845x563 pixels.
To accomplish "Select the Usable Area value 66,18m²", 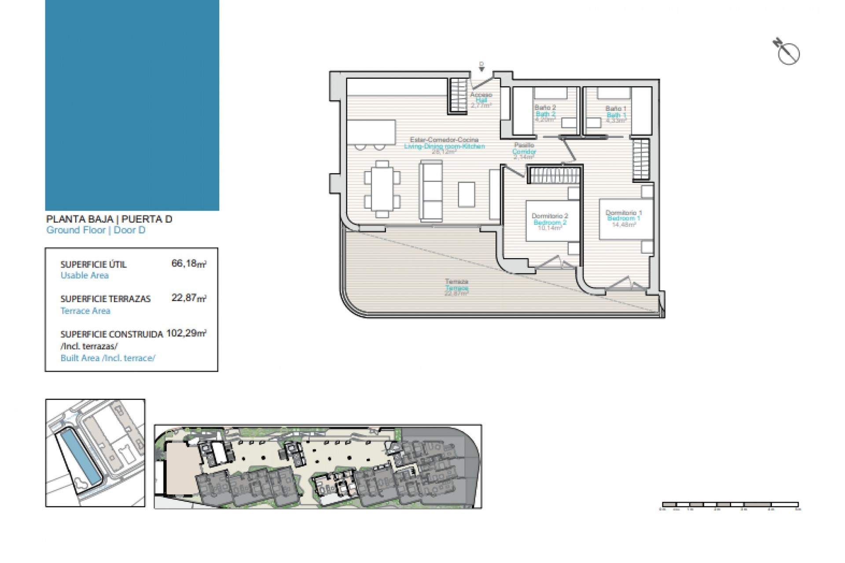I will coord(189,264).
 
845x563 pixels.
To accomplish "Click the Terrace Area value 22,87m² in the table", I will coord(189,298).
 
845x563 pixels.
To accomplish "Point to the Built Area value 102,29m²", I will coord(186,333).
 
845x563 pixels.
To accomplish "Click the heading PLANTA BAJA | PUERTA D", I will coord(109,219).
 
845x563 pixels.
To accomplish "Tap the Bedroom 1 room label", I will coord(624,219).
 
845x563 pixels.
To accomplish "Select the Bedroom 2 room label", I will coord(550,222).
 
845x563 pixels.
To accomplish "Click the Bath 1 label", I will coord(616,115).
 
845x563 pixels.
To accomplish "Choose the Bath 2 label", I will coord(545,114).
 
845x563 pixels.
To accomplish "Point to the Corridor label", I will coord(524,151).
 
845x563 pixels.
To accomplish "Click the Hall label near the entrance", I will coord(481,100).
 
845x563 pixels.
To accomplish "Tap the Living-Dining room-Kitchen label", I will coord(445,146).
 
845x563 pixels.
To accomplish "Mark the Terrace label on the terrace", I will coord(456,288).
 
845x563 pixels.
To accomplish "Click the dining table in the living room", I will coord(382,189).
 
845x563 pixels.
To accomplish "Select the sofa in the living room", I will coord(431,190).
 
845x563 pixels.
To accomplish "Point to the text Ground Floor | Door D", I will coord(96,230).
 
